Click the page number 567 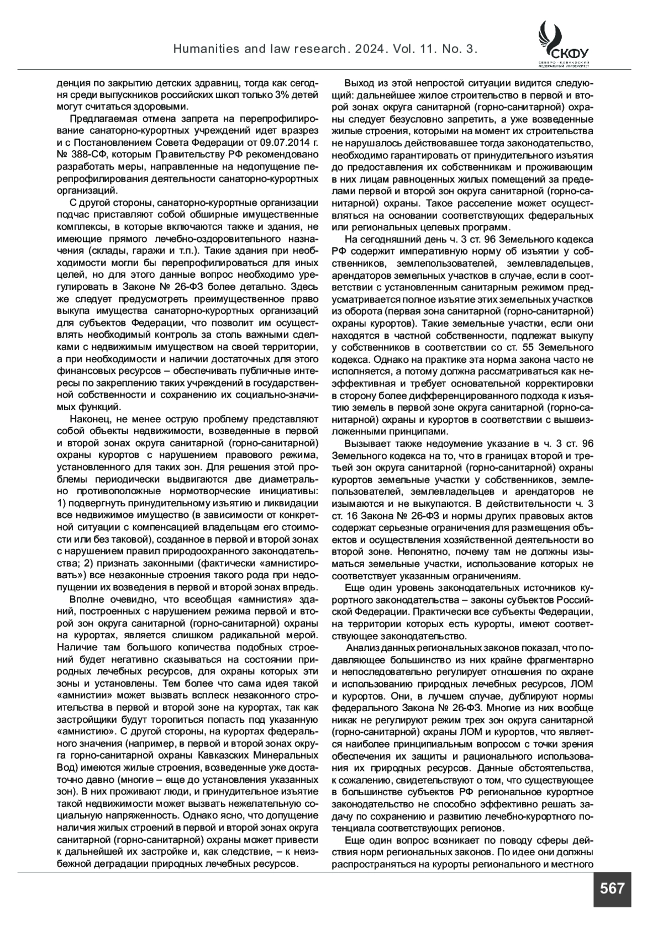[612, 888]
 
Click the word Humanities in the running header [203, 50]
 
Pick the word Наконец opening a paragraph [90, 419]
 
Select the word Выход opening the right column [359, 83]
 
